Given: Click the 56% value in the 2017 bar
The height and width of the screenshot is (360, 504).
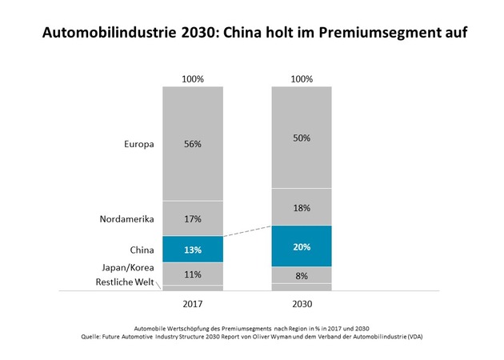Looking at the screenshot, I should (x=192, y=144).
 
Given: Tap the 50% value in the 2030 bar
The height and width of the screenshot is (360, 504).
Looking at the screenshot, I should (x=302, y=138).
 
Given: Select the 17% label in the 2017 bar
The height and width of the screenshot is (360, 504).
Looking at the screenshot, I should (x=192, y=218).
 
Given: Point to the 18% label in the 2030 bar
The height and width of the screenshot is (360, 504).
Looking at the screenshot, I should (x=302, y=207).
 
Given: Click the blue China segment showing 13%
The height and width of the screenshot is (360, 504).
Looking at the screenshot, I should (x=192, y=249).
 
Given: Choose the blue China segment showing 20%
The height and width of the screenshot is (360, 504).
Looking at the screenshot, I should (x=302, y=246).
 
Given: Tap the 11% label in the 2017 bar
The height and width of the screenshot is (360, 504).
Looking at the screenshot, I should (x=192, y=274).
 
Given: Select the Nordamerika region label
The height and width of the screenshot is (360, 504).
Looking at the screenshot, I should (x=126, y=218).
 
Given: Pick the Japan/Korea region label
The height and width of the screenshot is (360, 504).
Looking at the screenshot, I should (x=128, y=268).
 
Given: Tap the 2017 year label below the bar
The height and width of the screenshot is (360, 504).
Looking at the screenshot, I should (x=192, y=305).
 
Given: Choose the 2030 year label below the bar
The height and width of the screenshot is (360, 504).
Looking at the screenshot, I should (x=302, y=305).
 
